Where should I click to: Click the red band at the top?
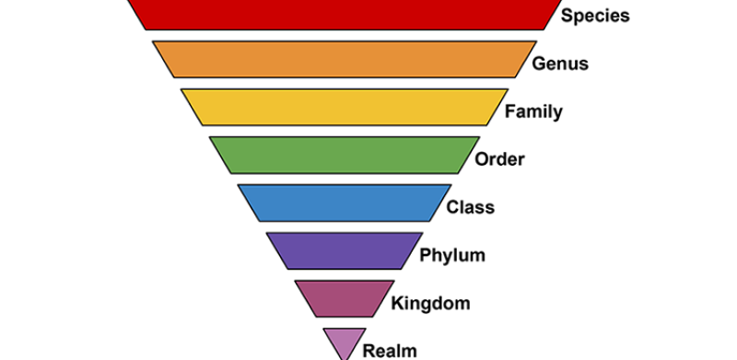(x=344, y=14)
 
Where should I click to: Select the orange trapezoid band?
(x=344, y=59)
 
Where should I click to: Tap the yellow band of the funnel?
(x=344, y=107)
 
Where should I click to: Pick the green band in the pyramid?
(x=344, y=155)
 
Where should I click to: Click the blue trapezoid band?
(x=344, y=203)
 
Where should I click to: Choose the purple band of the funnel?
(x=344, y=250)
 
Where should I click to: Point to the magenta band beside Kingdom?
(x=344, y=298)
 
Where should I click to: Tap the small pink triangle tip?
(x=344, y=341)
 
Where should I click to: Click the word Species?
(x=595, y=16)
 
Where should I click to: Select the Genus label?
(x=559, y=64)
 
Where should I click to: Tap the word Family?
(x=533, y=111)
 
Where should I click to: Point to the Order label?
(x=499, y=159)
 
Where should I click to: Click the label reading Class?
(x=470, y=207)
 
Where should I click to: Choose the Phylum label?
(x=452, y=255)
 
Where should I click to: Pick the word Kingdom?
(x=430, y=303)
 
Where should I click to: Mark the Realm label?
(x=390, y=350)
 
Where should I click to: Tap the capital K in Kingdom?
(x=397, y=302)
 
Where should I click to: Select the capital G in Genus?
(x=539, y=64)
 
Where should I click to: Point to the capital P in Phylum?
(x=425, y=254)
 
